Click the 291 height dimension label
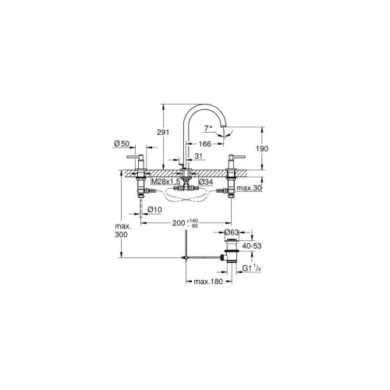pyautogui.click(x=163, y=132)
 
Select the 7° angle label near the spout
pyautogui.click(x=208, y=128)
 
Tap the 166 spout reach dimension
pyautogui.click(x=205, y=144)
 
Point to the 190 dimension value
pyautogui.click(x=262, y=149)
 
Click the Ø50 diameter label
pyautogui.click(x=122, y=144)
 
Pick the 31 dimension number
pyautogui.click(x=198, y=156)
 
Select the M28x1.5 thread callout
pyautogui.click(x=165, y=182)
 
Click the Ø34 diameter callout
pyautogui.click(x=206, y=182)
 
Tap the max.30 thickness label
pyautogui.click(x=249, y=188)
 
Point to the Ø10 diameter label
pyautogui.click(x=154, y=209)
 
